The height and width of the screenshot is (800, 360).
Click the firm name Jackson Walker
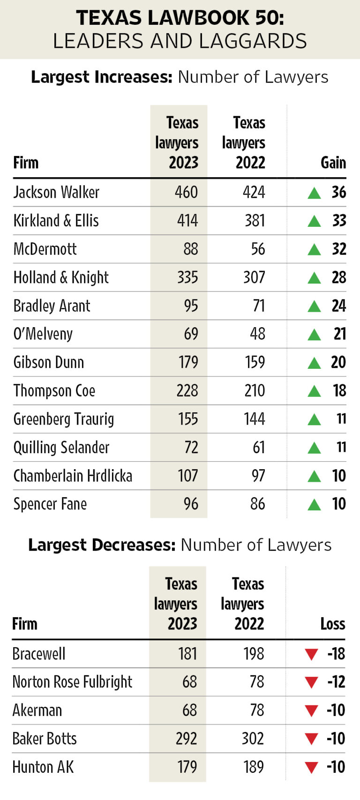click(56, 192)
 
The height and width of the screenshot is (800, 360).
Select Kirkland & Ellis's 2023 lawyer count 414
click(187, 221)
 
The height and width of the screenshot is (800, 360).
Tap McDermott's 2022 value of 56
click(258, 249)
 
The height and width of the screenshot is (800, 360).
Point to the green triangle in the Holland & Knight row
click(314, 278)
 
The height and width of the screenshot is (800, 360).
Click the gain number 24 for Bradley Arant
click(338, 306)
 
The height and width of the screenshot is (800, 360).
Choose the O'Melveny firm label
click(43, 334)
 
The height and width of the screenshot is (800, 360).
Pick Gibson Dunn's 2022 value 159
click(255, 362)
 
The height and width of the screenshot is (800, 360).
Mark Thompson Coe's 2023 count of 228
click(187, 391)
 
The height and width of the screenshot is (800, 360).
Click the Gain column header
click(333, 163)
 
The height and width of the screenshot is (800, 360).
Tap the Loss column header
click(332, 624)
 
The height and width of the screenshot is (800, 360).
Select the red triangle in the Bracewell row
click(312, 654)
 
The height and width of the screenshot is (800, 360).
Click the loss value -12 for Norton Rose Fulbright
click(336, 681)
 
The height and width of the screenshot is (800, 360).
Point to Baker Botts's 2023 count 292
click(186, 739)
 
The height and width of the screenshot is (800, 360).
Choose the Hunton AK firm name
click(43, 767)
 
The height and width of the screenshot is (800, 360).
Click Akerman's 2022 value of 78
click(256, 710)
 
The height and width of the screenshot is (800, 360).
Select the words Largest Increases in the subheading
click(102, 77)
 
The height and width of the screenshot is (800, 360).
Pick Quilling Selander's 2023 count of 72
click(191, 448)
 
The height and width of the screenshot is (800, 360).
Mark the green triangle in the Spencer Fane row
click(314, 504)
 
